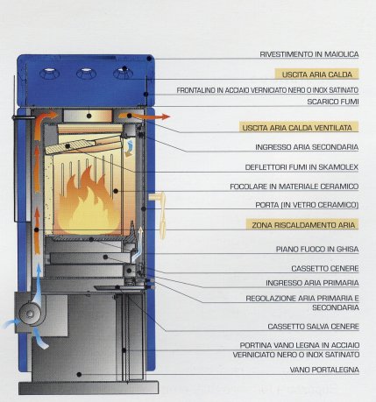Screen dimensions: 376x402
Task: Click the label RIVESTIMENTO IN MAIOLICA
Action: click(x=309, y=54)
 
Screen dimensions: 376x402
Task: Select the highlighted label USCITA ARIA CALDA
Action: click(x=317, y=74)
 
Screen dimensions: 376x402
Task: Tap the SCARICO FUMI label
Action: click(x=333, y=102)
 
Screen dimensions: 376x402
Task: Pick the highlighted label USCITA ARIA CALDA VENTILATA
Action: click(x=297, y=128)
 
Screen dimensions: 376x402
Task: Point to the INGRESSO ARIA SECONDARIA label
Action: click(x=307, y=147)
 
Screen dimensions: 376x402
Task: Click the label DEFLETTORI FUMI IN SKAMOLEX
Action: click(x=302, y=167)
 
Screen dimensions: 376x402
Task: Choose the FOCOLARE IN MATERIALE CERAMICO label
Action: click(x=294, y=187)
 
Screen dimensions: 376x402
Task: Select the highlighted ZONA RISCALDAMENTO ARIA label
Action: click(x=303, y=225)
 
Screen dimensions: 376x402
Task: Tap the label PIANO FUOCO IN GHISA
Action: click(x=317, y=250)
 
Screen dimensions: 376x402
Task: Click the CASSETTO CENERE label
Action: click(x=325, y=269)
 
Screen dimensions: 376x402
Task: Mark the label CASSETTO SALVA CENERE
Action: click(x=313, y=327)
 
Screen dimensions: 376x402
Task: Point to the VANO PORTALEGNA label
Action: click(x=324, y=370)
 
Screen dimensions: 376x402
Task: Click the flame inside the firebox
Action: click(x=88, y=204)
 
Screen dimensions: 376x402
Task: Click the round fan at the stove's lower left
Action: click(x=30, y=314)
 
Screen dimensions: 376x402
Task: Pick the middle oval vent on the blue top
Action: click(x=87, y=74)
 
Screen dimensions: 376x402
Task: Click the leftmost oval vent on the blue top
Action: click(x=49, y=74)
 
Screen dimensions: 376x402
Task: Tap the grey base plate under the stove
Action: click(x=89, y=387)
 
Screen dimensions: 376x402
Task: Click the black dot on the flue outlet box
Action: click(x=89, y=116)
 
